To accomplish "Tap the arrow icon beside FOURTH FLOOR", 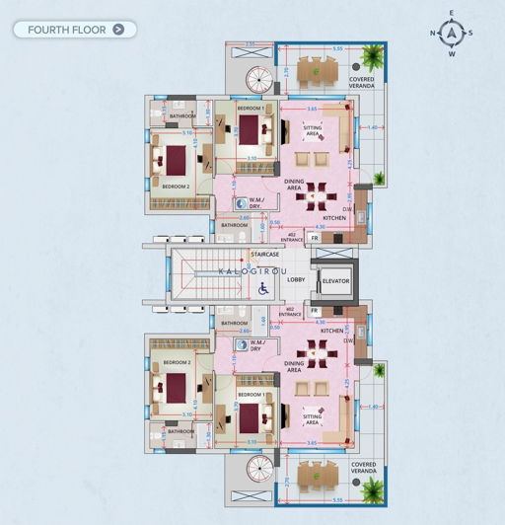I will click(119, 30).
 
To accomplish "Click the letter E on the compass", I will click(452, 13).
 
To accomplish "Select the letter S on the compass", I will click(470, 33).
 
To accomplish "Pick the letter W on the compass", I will click(452, 53).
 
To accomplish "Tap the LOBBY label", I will click(296, 280).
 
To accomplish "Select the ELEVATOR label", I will click(336, 282).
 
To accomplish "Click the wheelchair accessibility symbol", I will click(263, 288).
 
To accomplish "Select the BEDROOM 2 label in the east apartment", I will click(178, 187).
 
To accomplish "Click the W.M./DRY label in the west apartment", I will click(254, 346).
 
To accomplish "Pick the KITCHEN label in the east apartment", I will click(333, 220).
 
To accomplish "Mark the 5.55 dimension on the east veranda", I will click(337, 48).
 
